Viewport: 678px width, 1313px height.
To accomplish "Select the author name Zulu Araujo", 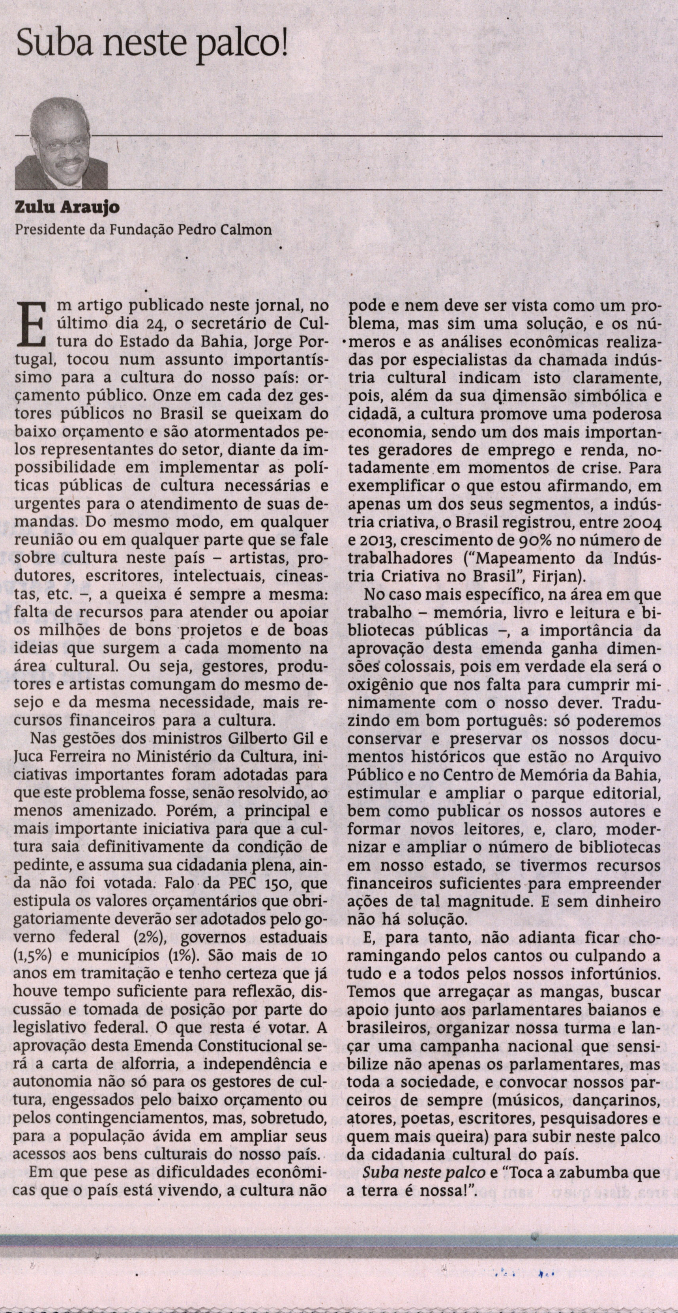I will (60, 208).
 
